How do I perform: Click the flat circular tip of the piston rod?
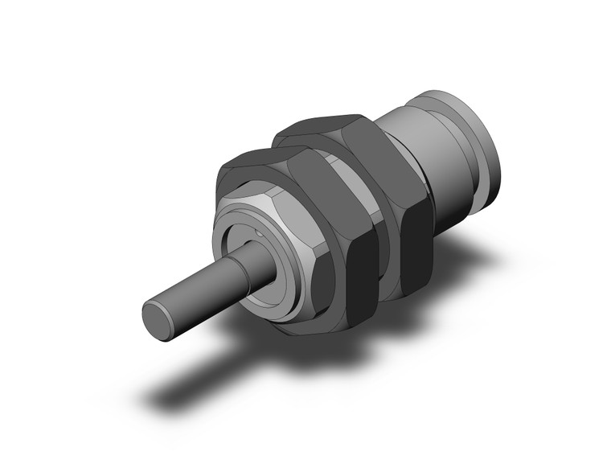(x=158, y=315)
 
